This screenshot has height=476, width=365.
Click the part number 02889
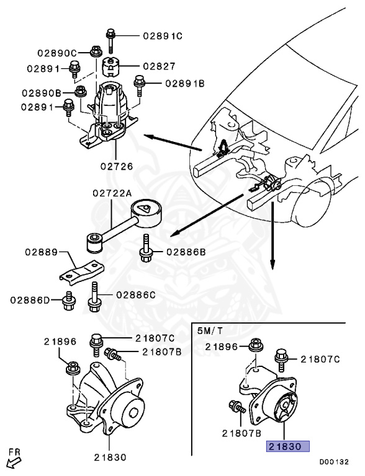point(42,253)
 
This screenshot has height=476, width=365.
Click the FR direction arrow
point(12,458)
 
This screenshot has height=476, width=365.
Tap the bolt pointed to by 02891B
point(140,82)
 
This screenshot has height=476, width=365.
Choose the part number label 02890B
point(41,93)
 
